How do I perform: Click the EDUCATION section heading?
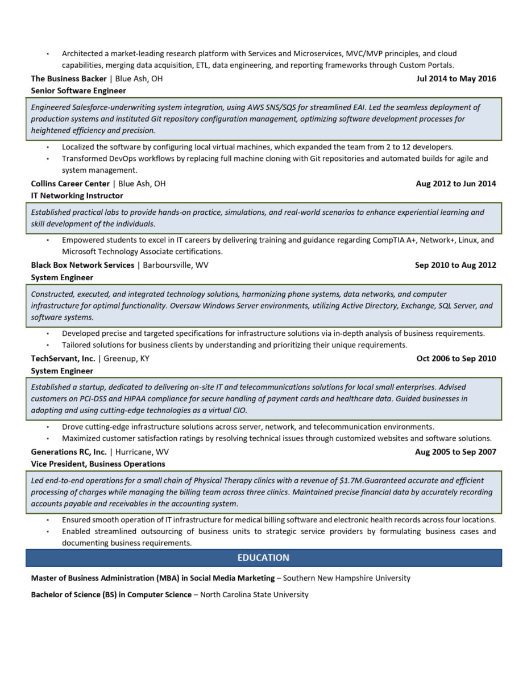(x=263, y=558)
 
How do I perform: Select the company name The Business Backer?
(x=69, y=78)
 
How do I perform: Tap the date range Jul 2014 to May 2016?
(x=456, y=78)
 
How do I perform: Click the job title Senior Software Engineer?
(x=78, y=90)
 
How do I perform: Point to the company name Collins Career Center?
(x=70, y=184)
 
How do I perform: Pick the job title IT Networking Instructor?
(x=77, y=196)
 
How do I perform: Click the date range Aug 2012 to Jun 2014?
(x=456, y=184)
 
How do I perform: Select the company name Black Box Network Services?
(x=82, y=265)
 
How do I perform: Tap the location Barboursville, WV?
(x=176, y=265)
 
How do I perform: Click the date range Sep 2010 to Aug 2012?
(x=455, y=265)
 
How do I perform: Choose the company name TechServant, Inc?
(x=63, y=359)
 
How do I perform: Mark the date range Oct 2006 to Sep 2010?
(x=456, y=359)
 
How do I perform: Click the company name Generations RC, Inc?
(x=69, y=452)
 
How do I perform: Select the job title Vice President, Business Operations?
(x=98, y=464)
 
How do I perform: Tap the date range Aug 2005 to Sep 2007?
(x=455, y=452)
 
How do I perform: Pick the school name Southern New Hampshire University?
(x=347, y=578)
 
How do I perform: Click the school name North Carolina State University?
(x=254, y=594)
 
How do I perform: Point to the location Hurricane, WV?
(x=142, y=452)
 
